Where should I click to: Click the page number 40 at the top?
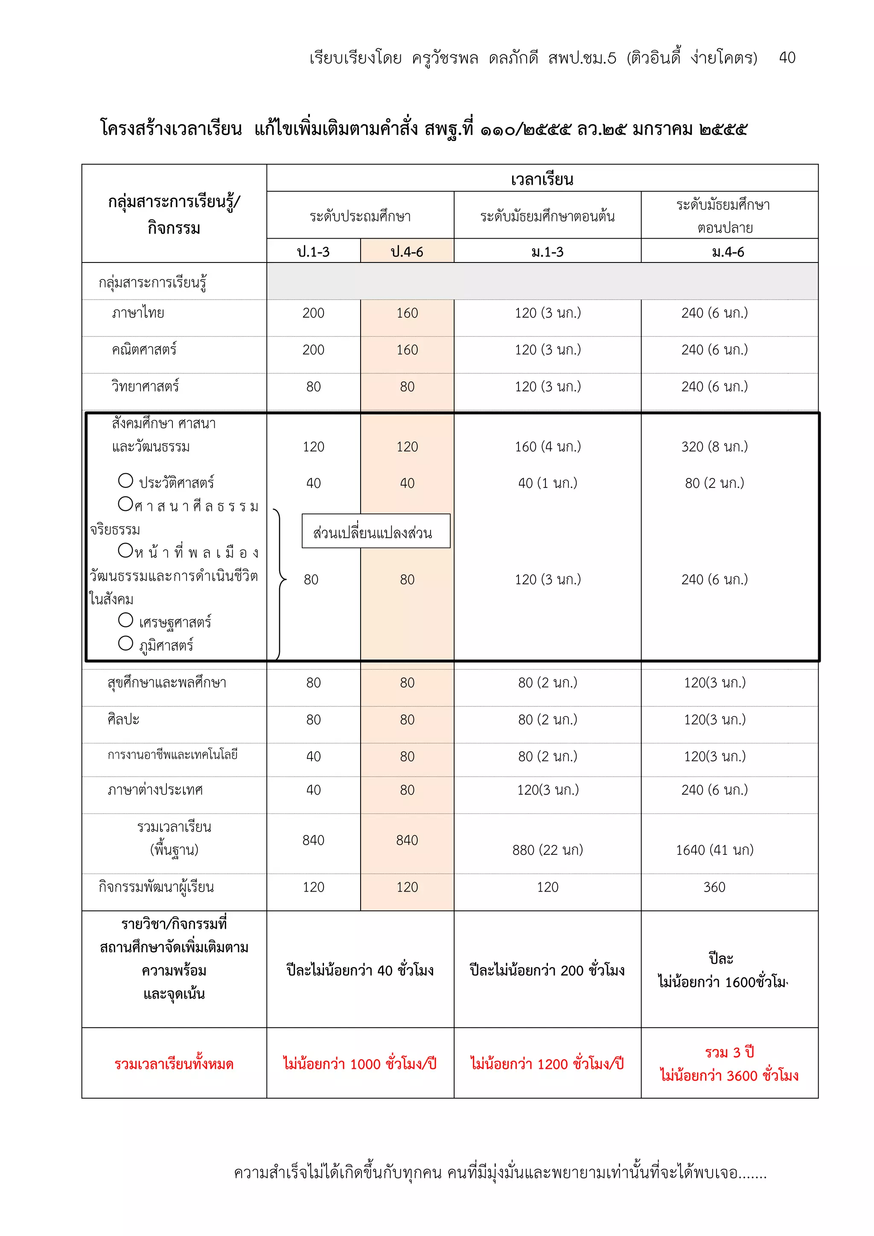click(787, 58)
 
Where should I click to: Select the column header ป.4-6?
click(407, 251)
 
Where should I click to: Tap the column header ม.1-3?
click(548, 251)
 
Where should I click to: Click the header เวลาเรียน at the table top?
click(542, 179)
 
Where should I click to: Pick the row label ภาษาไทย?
click(138, 313)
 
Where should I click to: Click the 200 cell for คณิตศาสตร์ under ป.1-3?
click(313, 350)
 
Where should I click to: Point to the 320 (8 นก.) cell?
click(714, 446)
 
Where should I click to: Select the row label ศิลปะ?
click(123, 719)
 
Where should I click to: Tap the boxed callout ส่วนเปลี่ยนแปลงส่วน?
click(376, 532)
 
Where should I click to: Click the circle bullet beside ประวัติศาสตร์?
click(125, 480)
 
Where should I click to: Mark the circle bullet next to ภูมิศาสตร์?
click(125, 643)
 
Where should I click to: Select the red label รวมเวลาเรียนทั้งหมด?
click(174, 1064)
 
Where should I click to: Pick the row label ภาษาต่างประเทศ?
click(155, 790)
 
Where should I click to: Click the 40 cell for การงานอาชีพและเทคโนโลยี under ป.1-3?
click(313, 756)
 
